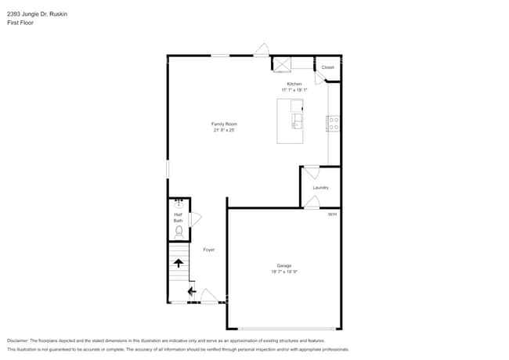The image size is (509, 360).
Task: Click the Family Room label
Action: pyautogui.click(x=224, y=124)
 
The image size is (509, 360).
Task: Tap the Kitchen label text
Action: pyautogui.click(x=294, y=84)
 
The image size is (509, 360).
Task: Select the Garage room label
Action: pyautogui.click(x=283, y=265)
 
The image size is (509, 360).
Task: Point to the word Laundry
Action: pyautogui.click(x=320, y=187)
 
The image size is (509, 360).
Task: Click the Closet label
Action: pyautogui.click(x=327, y=67)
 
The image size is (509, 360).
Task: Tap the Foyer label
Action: pyautogui.click(x=209, y=250)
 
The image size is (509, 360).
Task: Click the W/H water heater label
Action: pyautogui.click(x=332, y=214)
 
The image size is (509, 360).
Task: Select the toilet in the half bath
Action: pyautogui.click(x=179, y=232)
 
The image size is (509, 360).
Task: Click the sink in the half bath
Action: pyautogui.click(x=178, y=203)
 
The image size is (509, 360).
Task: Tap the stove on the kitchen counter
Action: pyautogui.click(x=333, y=123)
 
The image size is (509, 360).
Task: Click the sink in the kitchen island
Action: pyautogui.click(x=297, y=121)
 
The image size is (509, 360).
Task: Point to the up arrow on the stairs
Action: pyautogui.click(x=179, y=263)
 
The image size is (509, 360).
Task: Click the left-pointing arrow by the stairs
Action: pyautogui.click(x=192, y=291)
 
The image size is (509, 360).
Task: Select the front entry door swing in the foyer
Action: pyautogui.click(x=210, y=296)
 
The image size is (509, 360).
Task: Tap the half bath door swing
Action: pyautogui.click(x=195, y=220)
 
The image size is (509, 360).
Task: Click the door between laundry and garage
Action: pyautogui.click(x=311, y=203)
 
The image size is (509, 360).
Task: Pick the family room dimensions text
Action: pyautogui.click(x=224, y=131)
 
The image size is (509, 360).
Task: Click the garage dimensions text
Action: pyautogui.click(x=283, y=272)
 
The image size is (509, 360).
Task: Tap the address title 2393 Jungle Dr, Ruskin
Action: pyautogui.click(x=35, y=13)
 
